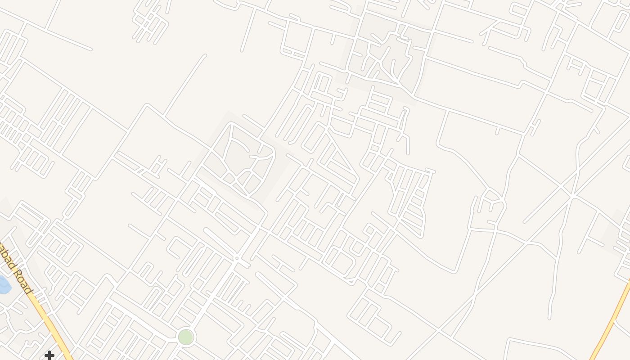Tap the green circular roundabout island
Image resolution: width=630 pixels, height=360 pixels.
185,337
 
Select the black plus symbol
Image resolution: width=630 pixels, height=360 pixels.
49,355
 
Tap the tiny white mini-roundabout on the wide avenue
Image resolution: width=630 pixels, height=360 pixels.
237,258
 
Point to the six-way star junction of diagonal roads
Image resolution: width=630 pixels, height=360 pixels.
572,195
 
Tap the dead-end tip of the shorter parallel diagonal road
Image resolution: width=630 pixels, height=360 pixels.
525,222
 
